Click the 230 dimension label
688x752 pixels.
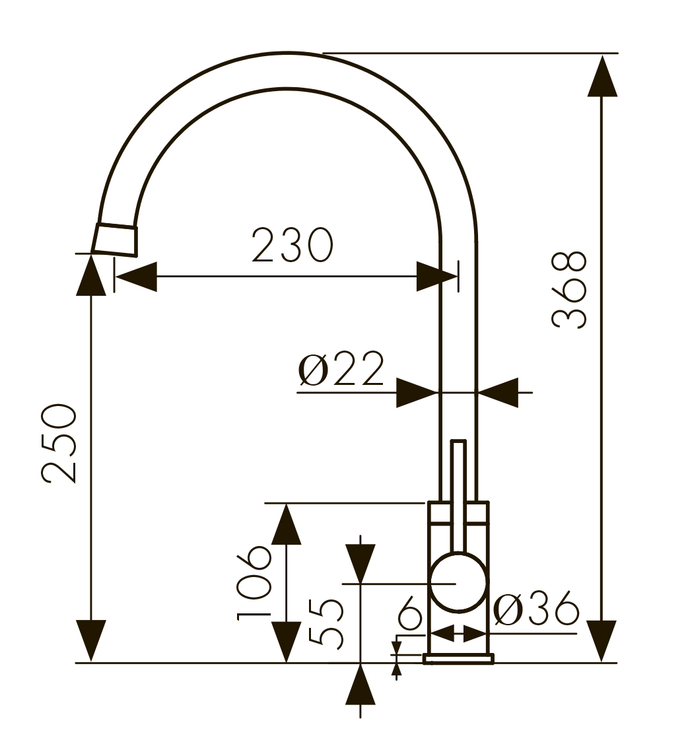(292, 245)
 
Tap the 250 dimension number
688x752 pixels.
(59, 444)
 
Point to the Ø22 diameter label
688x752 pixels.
(341, 370)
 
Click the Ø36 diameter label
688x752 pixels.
(536, 609)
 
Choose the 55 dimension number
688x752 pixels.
(326, 622)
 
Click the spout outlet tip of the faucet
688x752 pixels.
(116, 240)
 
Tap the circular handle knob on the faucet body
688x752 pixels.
(458, 582)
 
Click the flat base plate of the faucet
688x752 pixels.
(458, 658)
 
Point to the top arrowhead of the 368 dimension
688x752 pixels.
(602, 76)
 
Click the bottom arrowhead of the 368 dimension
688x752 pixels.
(602, 640)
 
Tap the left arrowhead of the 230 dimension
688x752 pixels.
(136, 277)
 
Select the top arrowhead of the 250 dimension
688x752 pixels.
(91, 275)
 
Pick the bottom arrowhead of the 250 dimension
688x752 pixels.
(91, 640)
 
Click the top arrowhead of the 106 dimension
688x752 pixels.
(286, 524)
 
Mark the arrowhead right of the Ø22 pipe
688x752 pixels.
(498, 393)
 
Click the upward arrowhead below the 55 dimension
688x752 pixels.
(360, 685)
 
